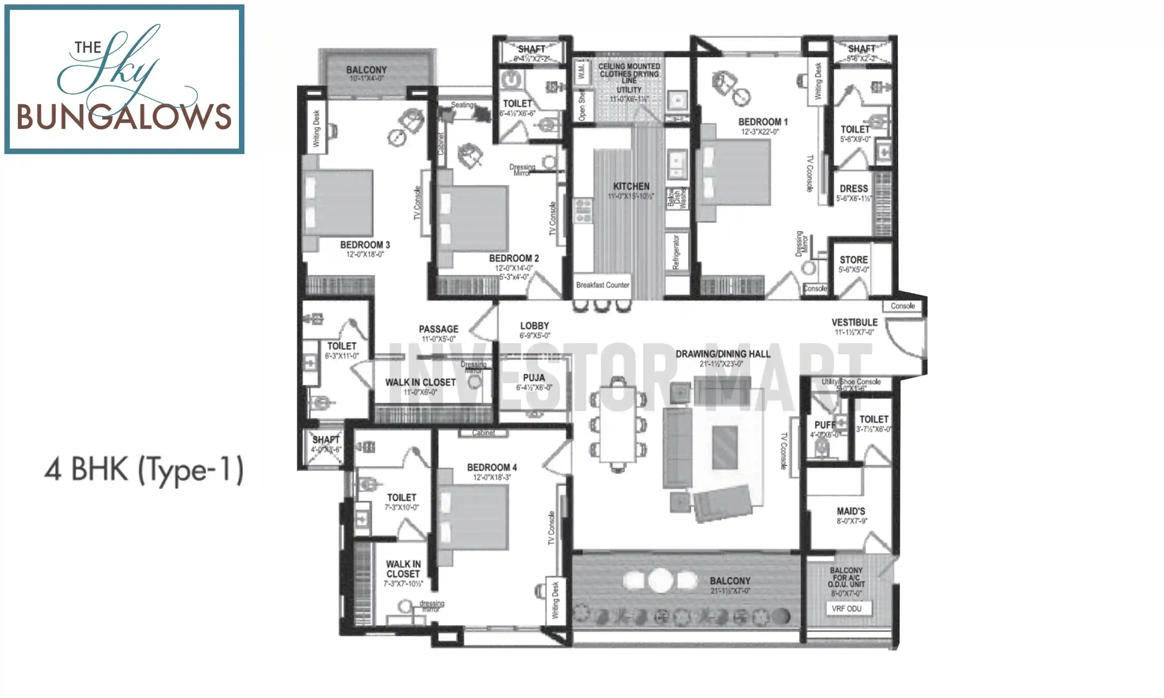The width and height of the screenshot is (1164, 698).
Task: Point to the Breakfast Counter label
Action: tap(602, 285)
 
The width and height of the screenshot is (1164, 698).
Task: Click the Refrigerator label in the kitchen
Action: tap(676, 252)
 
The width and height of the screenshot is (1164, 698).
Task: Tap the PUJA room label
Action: tap(534, 378)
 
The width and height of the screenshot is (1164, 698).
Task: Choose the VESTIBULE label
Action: tap(854, 323)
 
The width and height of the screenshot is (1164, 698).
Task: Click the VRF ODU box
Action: tap(847, 609)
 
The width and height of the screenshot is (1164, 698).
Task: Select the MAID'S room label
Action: tap(851, 511)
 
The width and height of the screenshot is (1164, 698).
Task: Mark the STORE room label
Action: tap(854, 260)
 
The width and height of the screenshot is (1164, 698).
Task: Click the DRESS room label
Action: tap(854, 189)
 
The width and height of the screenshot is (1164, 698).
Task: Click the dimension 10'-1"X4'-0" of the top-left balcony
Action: tap(366, 79)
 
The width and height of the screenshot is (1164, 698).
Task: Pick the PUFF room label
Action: tap(824, 425)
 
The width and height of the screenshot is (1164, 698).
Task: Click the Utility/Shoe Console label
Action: tap(851, 382)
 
